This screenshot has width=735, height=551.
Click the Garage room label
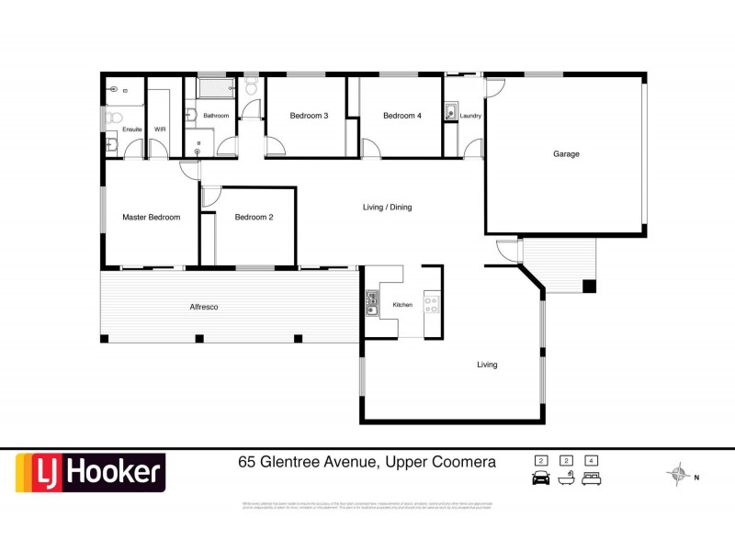tap(566, 154)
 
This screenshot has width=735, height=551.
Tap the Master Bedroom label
tap(151, 218)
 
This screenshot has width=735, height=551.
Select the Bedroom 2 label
tap(254, 218)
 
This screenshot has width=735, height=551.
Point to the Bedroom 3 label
tap(309, 116)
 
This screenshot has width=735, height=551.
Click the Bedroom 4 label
tap(402, 116)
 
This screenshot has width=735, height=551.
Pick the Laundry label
tap(471, 117)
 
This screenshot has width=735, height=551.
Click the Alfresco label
tap(203, 307)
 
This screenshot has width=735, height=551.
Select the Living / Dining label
tap(387, 208)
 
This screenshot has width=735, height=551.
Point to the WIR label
tap(160, 130)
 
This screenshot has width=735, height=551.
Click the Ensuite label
tap(132, 130)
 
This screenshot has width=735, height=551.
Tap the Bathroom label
tap(216, 116)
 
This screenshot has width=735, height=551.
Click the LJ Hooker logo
tap(90, 473)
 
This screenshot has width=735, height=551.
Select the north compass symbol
tap(680, 475)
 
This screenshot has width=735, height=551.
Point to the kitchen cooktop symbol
tap(429, 303)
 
